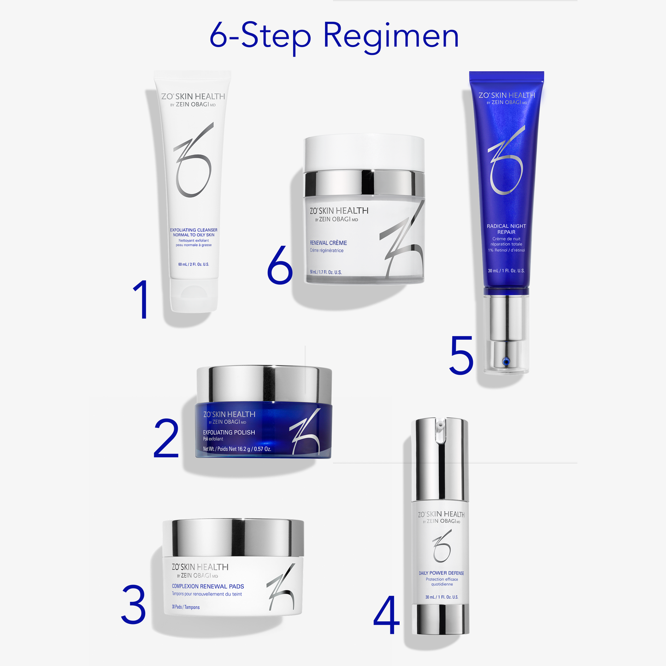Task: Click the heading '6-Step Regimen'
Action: (x=334, y=36)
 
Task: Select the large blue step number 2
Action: (x=166, y=439)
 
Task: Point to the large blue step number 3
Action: (x=134, y=604)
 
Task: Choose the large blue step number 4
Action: (x=386, y=615)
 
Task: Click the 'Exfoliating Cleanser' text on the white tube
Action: (x=194, y=230)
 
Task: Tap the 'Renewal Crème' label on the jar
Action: (x=328, y=243)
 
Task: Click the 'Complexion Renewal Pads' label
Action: (x=208, y=586)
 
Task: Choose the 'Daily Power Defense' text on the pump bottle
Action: (x=441, y=573)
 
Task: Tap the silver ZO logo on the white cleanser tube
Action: (x=193, y=161)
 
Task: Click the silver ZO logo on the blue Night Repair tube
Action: (x=506, y=161)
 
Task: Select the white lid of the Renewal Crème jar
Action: (x=364, y=152)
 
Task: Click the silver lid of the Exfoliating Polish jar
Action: (x=264, y=383)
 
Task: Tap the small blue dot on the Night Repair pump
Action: (x=506, y=361)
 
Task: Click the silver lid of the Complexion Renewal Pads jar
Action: (x=233, y=537)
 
